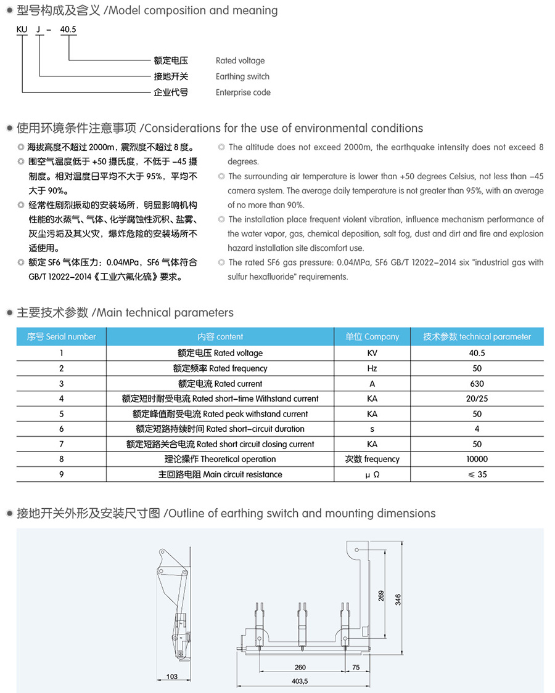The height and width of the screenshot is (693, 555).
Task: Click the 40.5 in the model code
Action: click(x=68, y=29)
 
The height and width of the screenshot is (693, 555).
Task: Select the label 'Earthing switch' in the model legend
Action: click(x=242, y=76)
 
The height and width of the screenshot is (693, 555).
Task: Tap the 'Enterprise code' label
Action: click(x=243, y=92)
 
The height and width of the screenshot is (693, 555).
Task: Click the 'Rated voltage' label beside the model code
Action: click(x=240, y=60)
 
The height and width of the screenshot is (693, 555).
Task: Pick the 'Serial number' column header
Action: click(x=62, y=337)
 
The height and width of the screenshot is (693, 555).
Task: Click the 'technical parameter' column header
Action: click(x=477, y=337)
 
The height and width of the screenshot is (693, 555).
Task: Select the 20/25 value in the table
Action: click(x=477, y=399)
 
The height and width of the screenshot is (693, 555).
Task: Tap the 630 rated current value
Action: click(x=477, y=383)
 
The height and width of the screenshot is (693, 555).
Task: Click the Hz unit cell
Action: click(x=372, y=368)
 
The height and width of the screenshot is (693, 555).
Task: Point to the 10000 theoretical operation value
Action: click(x=477, y=459)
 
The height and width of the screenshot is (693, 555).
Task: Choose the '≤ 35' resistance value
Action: click(x=477, y=474)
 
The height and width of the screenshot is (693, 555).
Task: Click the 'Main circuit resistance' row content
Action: click(x=220, y=474)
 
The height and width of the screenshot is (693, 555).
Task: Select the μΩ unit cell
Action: click(x=372, y=474)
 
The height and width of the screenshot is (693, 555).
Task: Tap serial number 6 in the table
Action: click(x=62, y=429)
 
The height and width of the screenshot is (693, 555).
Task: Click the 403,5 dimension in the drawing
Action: click(x=299, y=681)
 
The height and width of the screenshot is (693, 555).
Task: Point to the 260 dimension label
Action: click(x=300, y=667)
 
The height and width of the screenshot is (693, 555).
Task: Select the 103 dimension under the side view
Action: click(x=172, y=676)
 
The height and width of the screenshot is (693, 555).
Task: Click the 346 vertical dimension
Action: click(x=398, y=599)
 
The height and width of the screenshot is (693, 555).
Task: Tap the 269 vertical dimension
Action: click(x=381, y=596)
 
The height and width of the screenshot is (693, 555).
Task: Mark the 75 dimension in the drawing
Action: click(x=356, y=667)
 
